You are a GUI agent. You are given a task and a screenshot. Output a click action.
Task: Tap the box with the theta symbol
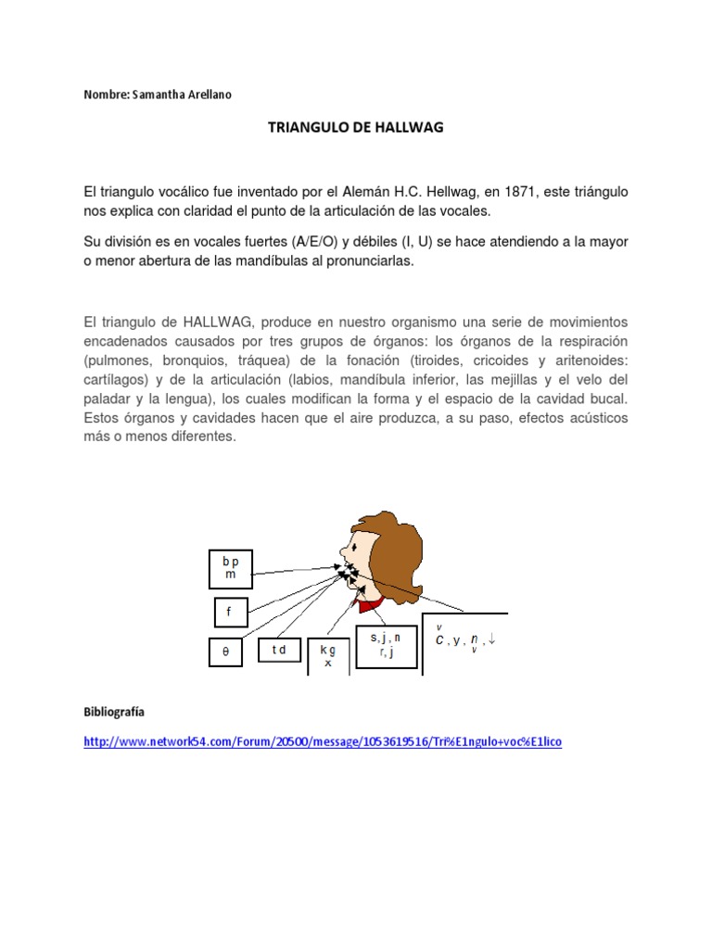(x=225, y=652)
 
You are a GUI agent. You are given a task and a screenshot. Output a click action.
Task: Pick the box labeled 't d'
(x=279, y=651)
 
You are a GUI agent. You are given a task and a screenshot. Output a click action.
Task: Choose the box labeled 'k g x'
(x=327, y=657)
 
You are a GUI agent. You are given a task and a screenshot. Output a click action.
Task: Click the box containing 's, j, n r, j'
(x=386, y=645)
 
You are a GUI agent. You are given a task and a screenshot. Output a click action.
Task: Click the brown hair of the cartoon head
(x=399, y=547)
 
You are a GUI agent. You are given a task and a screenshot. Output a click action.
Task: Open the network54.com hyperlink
(x=323, y=742)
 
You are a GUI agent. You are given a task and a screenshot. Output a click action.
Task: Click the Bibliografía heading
(x=114, y=712)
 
